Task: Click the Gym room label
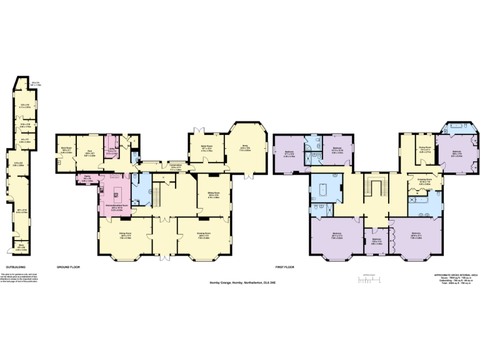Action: coord(89,150)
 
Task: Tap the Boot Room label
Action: coord(66,150)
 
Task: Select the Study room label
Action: coord(245,147)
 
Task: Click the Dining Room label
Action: coord(125,235)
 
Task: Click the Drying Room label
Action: coord(425,150)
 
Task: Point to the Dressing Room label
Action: coord(425,181)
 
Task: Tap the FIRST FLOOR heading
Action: coord(286,266)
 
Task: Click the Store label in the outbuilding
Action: coord(21,246)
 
